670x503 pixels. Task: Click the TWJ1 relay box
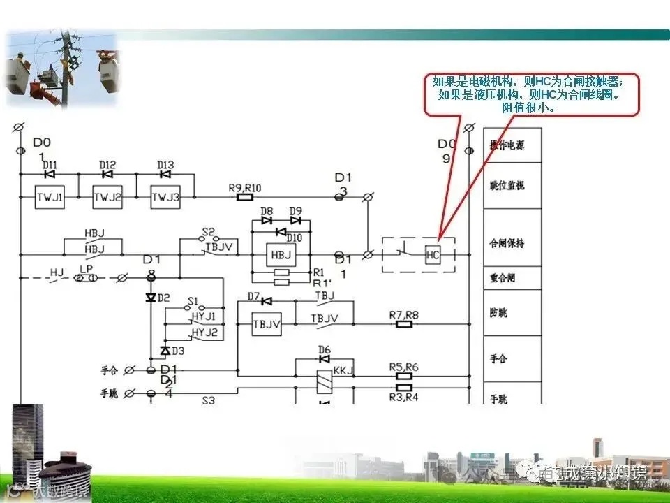50,198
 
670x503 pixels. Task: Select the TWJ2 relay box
107,198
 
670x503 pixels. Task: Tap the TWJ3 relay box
165,198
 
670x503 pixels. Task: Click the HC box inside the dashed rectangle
433,255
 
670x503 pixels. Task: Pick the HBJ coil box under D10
281,255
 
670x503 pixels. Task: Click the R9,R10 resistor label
245,187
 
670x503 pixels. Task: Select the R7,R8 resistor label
403,315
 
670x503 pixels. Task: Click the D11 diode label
50,166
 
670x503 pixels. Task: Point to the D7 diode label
254,297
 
